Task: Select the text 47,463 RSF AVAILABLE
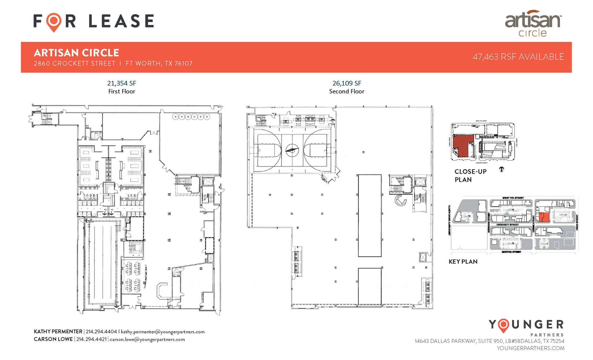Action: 518,57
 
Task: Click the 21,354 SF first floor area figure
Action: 122,83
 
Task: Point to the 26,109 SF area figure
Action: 347,83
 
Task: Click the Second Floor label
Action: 347,92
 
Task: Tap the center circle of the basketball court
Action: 292,150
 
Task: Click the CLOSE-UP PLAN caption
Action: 470,176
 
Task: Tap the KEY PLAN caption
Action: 463,262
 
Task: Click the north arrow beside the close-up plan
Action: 502,169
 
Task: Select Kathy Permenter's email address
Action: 163,332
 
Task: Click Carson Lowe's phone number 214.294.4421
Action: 91,339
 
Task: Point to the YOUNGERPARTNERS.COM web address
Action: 530,348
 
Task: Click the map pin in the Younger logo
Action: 504,326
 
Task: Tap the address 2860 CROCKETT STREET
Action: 75,64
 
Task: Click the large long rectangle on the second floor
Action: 369,215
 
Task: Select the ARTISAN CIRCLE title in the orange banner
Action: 76,53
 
